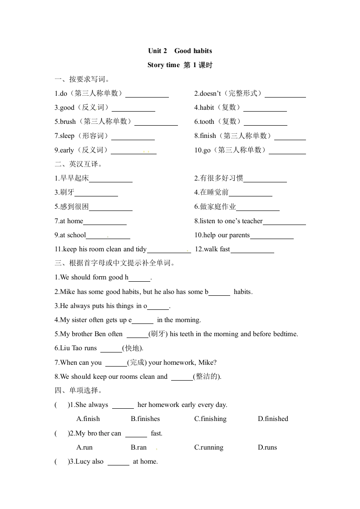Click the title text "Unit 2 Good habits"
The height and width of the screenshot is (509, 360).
pos(180,51)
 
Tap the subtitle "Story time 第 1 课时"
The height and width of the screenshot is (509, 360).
pos(180,65)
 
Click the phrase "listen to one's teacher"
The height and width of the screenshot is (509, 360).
pos(231,221)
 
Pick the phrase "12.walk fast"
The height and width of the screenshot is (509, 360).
pos(212,249)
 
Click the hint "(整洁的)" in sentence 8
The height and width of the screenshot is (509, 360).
pos(207,377)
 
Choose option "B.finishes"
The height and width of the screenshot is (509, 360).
pos(145,419)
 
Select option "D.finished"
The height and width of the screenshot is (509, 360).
pos(273,419)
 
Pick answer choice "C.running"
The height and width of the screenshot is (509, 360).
pos(209,447)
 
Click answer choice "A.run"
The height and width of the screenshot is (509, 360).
pos(84,447)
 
